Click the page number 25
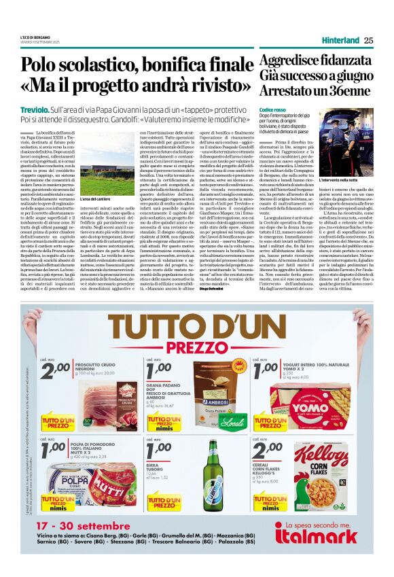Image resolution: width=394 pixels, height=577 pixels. tap(368, 41)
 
